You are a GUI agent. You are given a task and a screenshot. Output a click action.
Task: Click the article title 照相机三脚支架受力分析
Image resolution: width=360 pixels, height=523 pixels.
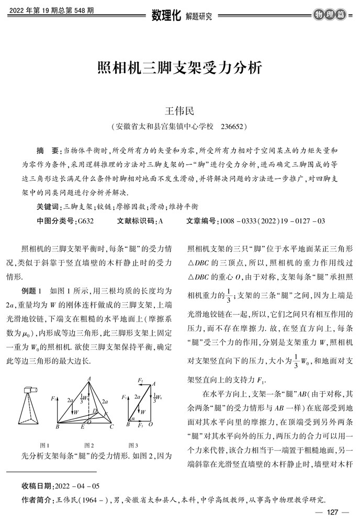tap(179, 69)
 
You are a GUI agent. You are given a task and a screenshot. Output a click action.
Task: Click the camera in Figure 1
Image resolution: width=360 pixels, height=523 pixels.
tap(30, 391)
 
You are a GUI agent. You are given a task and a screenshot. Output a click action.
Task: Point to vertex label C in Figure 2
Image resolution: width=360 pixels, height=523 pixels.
tap(112, 426)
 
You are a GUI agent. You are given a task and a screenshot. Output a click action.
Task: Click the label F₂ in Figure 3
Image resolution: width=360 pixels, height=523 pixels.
tap(140, 380)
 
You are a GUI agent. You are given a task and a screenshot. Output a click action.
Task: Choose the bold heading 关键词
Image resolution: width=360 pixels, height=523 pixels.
tap(49, 207)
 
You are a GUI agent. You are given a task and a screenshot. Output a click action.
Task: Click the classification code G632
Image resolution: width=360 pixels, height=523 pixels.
tap(85, 221)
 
